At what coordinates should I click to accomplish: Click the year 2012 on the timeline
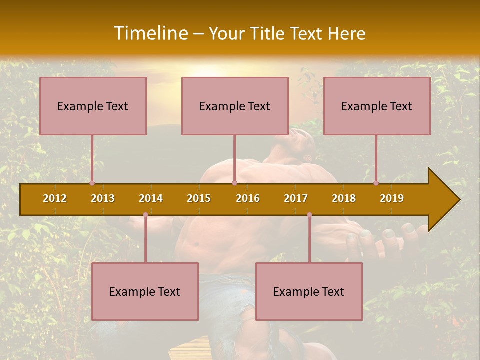click(55, 198)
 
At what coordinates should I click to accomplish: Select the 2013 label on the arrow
click(103, 198)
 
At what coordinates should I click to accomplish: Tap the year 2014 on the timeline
click(151, 198)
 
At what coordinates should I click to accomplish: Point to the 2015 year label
click(199, 198)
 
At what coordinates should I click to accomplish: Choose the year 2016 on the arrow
click(248, 198)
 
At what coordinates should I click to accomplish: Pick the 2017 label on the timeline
click(296, 198)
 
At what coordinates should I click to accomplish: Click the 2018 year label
click(344, 198)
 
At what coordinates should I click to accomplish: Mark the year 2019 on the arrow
click(392, 198)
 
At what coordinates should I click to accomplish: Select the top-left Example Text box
click(93, 106)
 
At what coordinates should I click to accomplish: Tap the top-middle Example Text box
click(235, 106)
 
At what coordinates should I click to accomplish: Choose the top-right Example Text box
click(377, 106)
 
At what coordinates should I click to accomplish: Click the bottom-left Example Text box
click(145, 291)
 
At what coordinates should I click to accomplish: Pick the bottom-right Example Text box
click(309, 291)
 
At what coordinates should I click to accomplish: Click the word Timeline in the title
click(150, 33)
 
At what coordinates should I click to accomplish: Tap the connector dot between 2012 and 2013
click(92, 183)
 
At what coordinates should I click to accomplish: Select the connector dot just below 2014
click(145, 215)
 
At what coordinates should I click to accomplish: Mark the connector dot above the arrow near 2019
click(376, 183)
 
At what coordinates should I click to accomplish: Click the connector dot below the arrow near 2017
click(309, 215)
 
